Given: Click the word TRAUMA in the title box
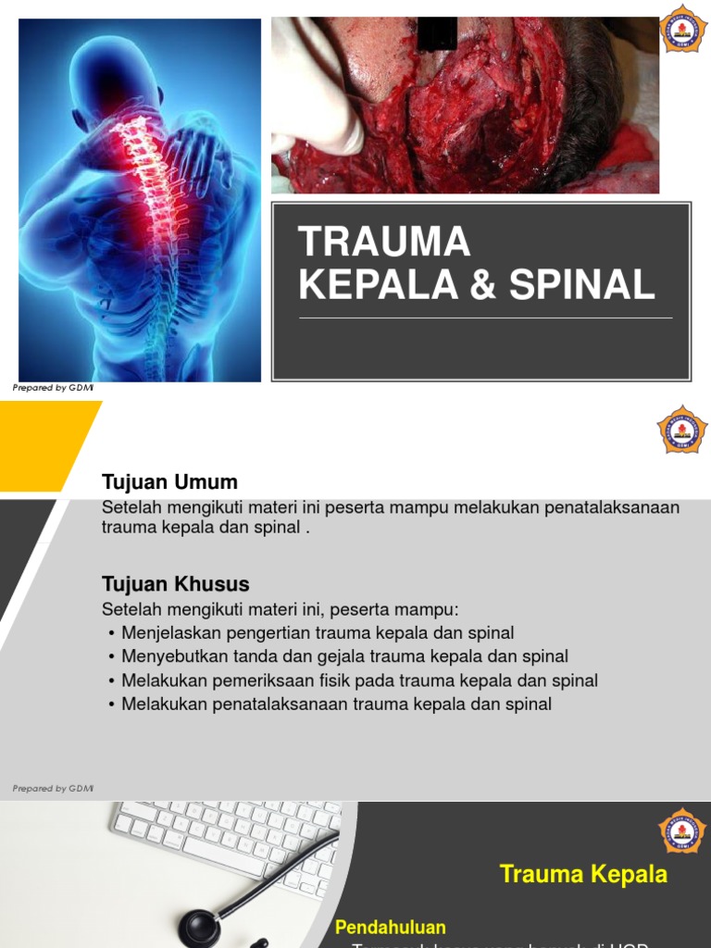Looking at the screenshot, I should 384,243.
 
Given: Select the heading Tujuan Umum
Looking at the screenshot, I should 169,482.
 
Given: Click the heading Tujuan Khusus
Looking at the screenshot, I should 175,585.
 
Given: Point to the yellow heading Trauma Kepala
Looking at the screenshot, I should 583,875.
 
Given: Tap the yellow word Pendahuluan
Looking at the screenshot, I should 390,928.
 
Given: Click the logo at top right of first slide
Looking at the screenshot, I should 683,29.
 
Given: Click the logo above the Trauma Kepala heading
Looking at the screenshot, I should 682,830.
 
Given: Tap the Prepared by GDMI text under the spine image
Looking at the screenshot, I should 53,389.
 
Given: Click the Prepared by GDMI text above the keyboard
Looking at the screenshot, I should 53,789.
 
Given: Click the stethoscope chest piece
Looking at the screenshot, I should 199,929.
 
